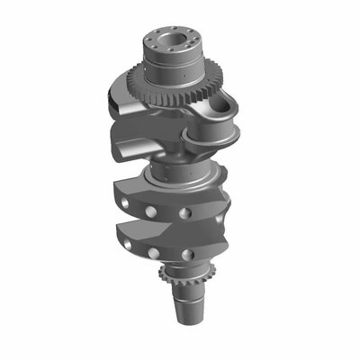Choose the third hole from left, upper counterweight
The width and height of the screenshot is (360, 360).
click(186, 213)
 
